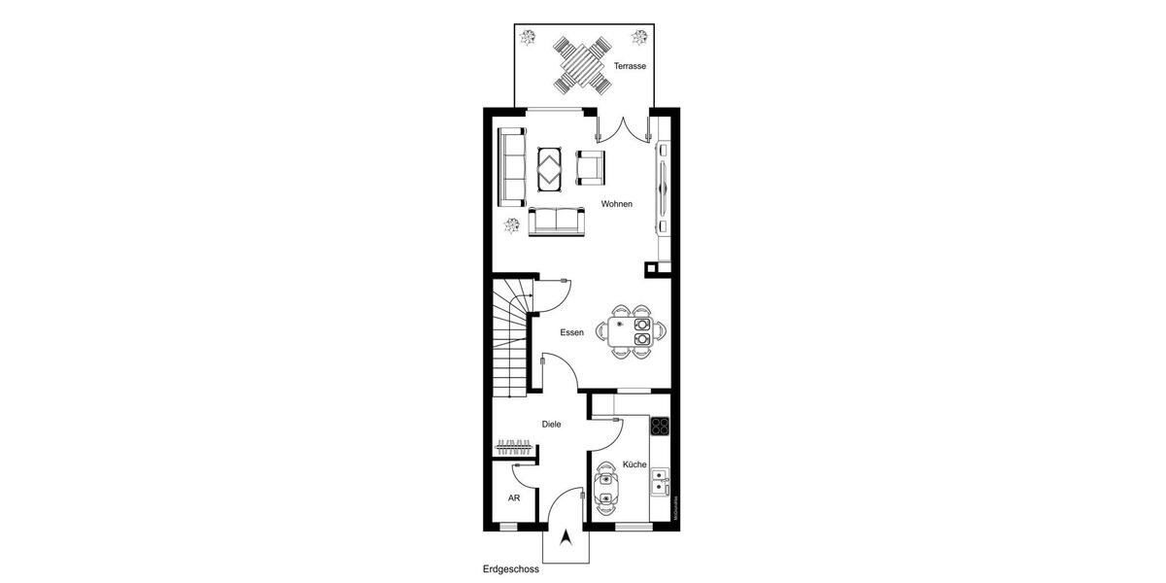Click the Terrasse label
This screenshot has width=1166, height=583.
coord(630,66)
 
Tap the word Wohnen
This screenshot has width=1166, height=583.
coord(617,204)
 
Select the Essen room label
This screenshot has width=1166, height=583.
coord(571,332)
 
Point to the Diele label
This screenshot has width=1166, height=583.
coord(552,424)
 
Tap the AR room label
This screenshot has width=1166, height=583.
coord(514,497)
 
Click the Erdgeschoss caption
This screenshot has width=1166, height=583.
coord(510,569)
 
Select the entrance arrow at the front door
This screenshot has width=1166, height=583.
coord(566,538)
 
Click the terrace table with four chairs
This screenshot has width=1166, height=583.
coord(583,63)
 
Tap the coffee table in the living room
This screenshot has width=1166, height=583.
coord(551,169)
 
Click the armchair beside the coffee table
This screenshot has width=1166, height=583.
coord(591,167)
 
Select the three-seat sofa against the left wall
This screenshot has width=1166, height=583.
coord(510,167)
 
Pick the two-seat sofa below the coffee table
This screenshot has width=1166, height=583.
coord(558,222)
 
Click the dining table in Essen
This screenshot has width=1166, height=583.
coord(632,331)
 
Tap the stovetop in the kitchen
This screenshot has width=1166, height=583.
coord(661,425)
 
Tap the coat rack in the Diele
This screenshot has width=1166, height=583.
coord(515,448)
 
